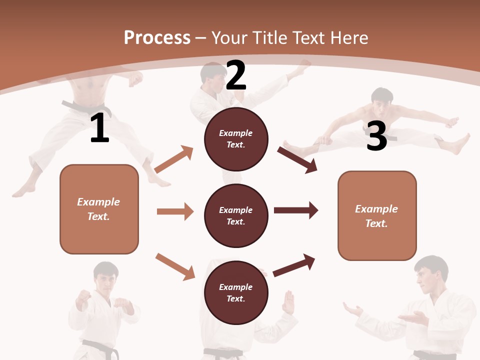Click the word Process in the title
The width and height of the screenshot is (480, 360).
[x=157, y=37]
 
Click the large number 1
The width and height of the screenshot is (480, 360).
[x=100, y=128]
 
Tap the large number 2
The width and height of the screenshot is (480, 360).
[x=236, y=75]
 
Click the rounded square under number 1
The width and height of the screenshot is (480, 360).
[x=99, y=209]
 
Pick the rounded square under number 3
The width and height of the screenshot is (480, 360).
[x=377, y=215]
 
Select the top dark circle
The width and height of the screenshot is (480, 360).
[x=236, y=139]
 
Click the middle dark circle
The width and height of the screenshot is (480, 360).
[x=236, y=215]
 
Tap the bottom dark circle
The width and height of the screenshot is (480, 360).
[x=236, y=292]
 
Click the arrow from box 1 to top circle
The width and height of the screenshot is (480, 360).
[x=174, y=159]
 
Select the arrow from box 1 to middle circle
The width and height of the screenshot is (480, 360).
[x=175, y=211]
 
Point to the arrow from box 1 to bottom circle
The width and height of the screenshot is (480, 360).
[x=175, y=266]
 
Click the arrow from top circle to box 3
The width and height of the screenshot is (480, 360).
[x=297, y=159]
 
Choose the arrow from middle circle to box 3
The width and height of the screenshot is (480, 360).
[x=295, y=210]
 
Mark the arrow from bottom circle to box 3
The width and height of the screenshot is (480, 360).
[x=294, y=265]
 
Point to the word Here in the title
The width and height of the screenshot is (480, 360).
[x=349, y=37]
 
